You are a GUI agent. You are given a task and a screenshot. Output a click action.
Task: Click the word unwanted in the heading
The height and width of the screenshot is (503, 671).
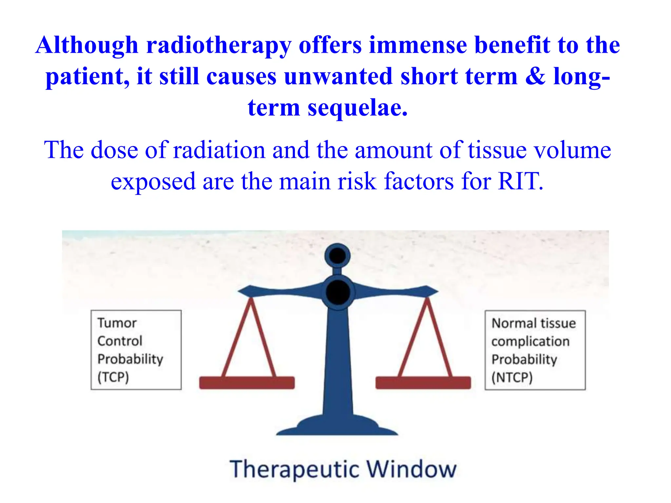pos(338,76)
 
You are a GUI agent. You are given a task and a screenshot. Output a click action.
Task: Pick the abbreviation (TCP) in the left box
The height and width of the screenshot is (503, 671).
pos(113,377)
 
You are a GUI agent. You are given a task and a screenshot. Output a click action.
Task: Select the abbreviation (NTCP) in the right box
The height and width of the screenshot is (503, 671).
pos(512,377)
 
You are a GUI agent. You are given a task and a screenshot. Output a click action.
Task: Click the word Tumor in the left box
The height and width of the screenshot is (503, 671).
pos(117,323)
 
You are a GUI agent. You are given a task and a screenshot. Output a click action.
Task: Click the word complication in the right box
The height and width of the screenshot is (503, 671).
pos(530,341)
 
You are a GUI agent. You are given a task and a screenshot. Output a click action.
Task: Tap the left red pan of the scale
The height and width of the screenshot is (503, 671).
pos(247,382)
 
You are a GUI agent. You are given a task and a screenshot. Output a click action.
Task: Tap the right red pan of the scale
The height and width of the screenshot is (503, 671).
pos(423,382)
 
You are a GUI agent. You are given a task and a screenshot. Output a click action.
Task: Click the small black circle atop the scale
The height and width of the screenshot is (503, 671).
pos(337,255)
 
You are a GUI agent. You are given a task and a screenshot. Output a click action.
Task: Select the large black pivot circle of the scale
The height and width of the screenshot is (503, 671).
pos(338,292)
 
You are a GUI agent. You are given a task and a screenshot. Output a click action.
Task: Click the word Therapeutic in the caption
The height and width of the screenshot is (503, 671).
pos(294,470)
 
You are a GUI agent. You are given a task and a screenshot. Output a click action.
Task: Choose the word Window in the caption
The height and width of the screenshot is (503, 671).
pos(411,469)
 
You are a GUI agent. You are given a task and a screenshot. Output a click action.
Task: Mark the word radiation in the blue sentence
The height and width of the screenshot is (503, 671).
pos(219,150)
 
